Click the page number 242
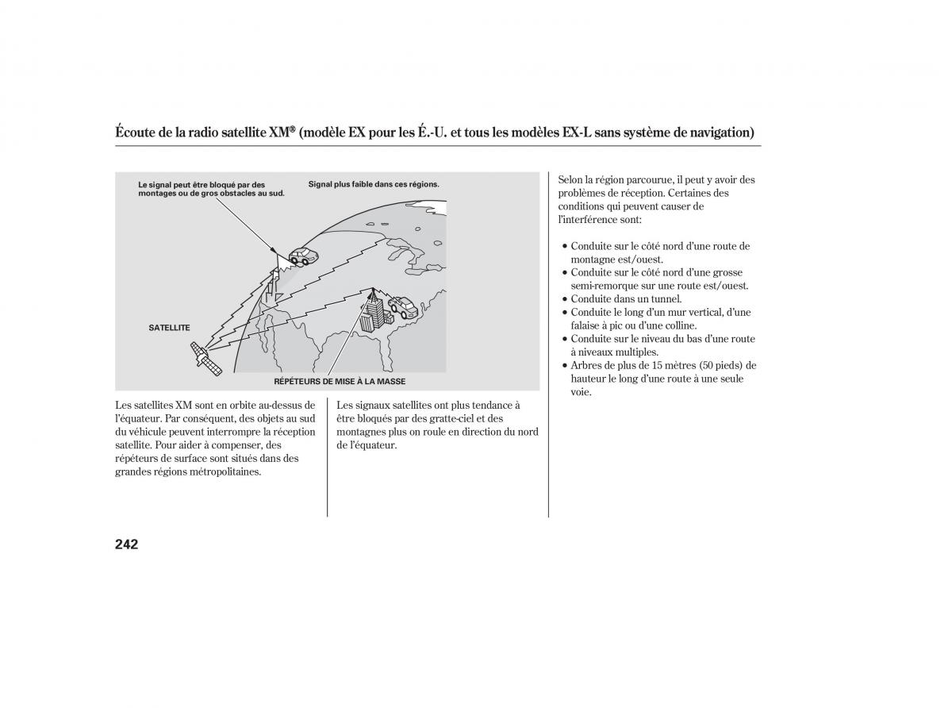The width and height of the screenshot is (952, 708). (x=127, y=544)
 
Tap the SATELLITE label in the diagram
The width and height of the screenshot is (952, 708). (x=169, y=328)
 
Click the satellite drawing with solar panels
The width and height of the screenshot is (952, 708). (x=206, y=358)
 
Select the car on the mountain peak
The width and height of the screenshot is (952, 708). (x=304, y=256)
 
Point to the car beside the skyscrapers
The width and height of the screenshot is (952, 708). (x=403, y=306)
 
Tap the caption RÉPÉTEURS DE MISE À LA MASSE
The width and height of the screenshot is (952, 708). (x=340, y=382)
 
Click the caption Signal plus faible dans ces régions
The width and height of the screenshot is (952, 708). (x=374, y=184)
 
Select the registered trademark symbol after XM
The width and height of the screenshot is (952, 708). (x=292, y=129)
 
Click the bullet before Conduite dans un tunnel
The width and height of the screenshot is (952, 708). (x=565, y=299)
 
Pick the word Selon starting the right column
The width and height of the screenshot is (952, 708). (x=570, y=180)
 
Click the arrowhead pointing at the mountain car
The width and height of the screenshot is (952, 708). (x=273, y=250)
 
